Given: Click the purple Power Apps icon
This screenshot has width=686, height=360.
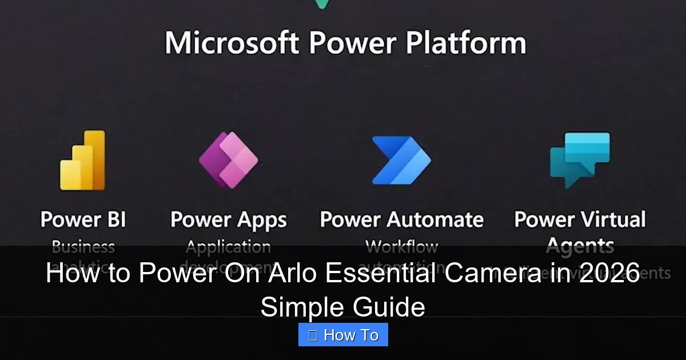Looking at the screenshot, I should pos(228,159).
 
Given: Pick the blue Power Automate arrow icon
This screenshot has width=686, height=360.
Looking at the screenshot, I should pos(401,160).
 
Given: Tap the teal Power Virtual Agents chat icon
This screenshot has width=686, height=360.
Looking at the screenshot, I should pos(579,159).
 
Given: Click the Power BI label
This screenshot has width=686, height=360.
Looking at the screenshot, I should pos(83,219).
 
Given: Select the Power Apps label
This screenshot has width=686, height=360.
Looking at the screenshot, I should pos(229,220).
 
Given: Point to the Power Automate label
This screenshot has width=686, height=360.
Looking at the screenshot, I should pos(401,219).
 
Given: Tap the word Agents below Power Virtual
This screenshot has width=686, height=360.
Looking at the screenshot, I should pos(580,246).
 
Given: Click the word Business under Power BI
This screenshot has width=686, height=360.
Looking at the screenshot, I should pos(83,247).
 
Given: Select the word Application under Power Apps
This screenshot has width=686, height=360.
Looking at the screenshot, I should pos(228,247).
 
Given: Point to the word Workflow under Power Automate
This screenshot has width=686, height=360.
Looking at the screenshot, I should pos(401,247).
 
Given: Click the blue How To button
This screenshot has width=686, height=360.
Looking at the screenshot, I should pos(343,335).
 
